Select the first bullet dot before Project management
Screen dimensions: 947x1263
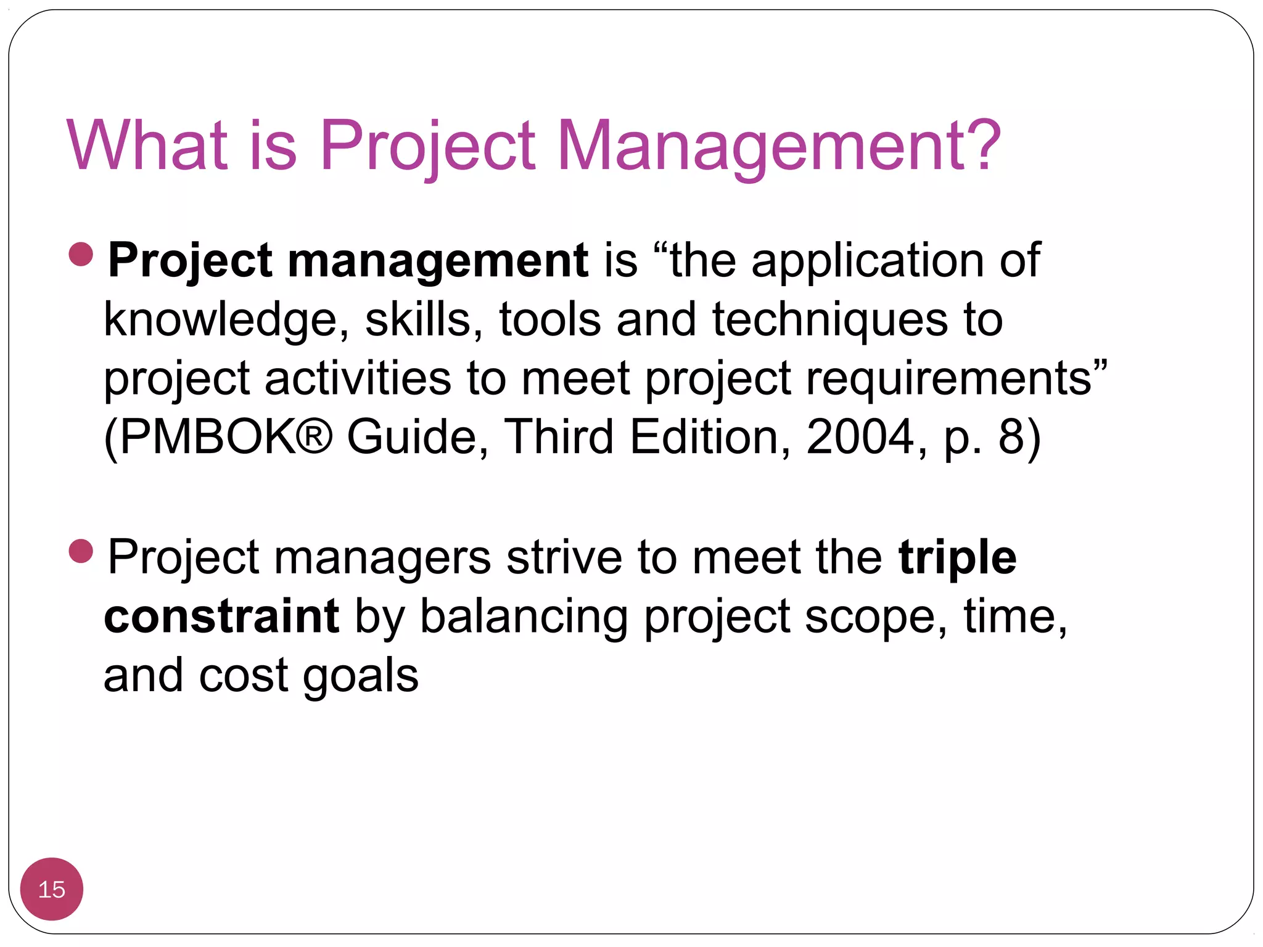click(x=81, y=254)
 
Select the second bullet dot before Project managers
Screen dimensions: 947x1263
click(x=81, y=551)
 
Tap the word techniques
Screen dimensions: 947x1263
click(x=830, y=319)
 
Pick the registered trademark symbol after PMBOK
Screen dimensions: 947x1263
click(x=315, y=435)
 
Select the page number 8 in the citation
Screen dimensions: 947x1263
click(x=1011, y=437)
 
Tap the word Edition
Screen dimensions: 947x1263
click(x=703, y=437)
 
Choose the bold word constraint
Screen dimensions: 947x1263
click(x=221, y=617)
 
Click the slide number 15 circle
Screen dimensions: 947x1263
click(x=52, y=889)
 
